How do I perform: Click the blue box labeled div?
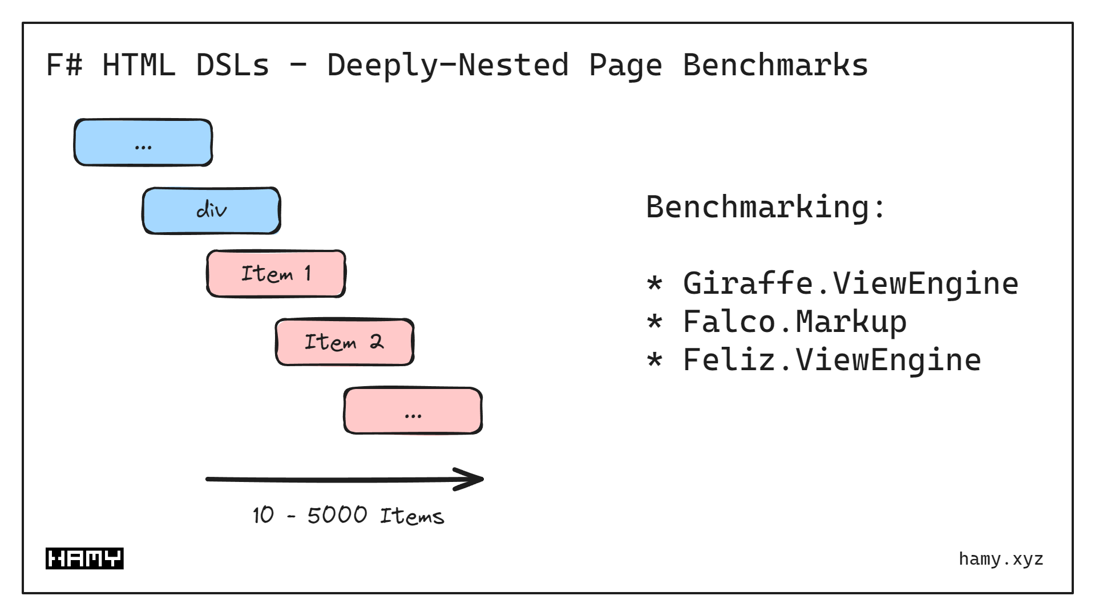pos(211,210)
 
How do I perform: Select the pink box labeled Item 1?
pos(276,274)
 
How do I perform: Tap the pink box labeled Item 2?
pos(345,342)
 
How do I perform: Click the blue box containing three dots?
pos(143,143)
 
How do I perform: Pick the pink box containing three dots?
pos(413,411)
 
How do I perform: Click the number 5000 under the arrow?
pos(337,515)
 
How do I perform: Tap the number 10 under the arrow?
pos(263,515)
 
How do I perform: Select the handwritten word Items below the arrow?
pos(411,516)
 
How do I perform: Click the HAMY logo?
pos(84,558)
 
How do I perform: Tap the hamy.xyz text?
pos(1001,559)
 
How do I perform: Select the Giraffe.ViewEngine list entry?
pos(850,283)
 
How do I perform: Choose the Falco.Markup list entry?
pos(794,322)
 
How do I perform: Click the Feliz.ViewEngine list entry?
pos(831,360)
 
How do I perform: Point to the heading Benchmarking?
pos(765,206)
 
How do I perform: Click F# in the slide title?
pos(64,65)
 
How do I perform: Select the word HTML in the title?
pos(138,65)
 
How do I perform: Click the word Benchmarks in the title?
pos(775,65)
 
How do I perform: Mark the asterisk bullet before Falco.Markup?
pos(654,323)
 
